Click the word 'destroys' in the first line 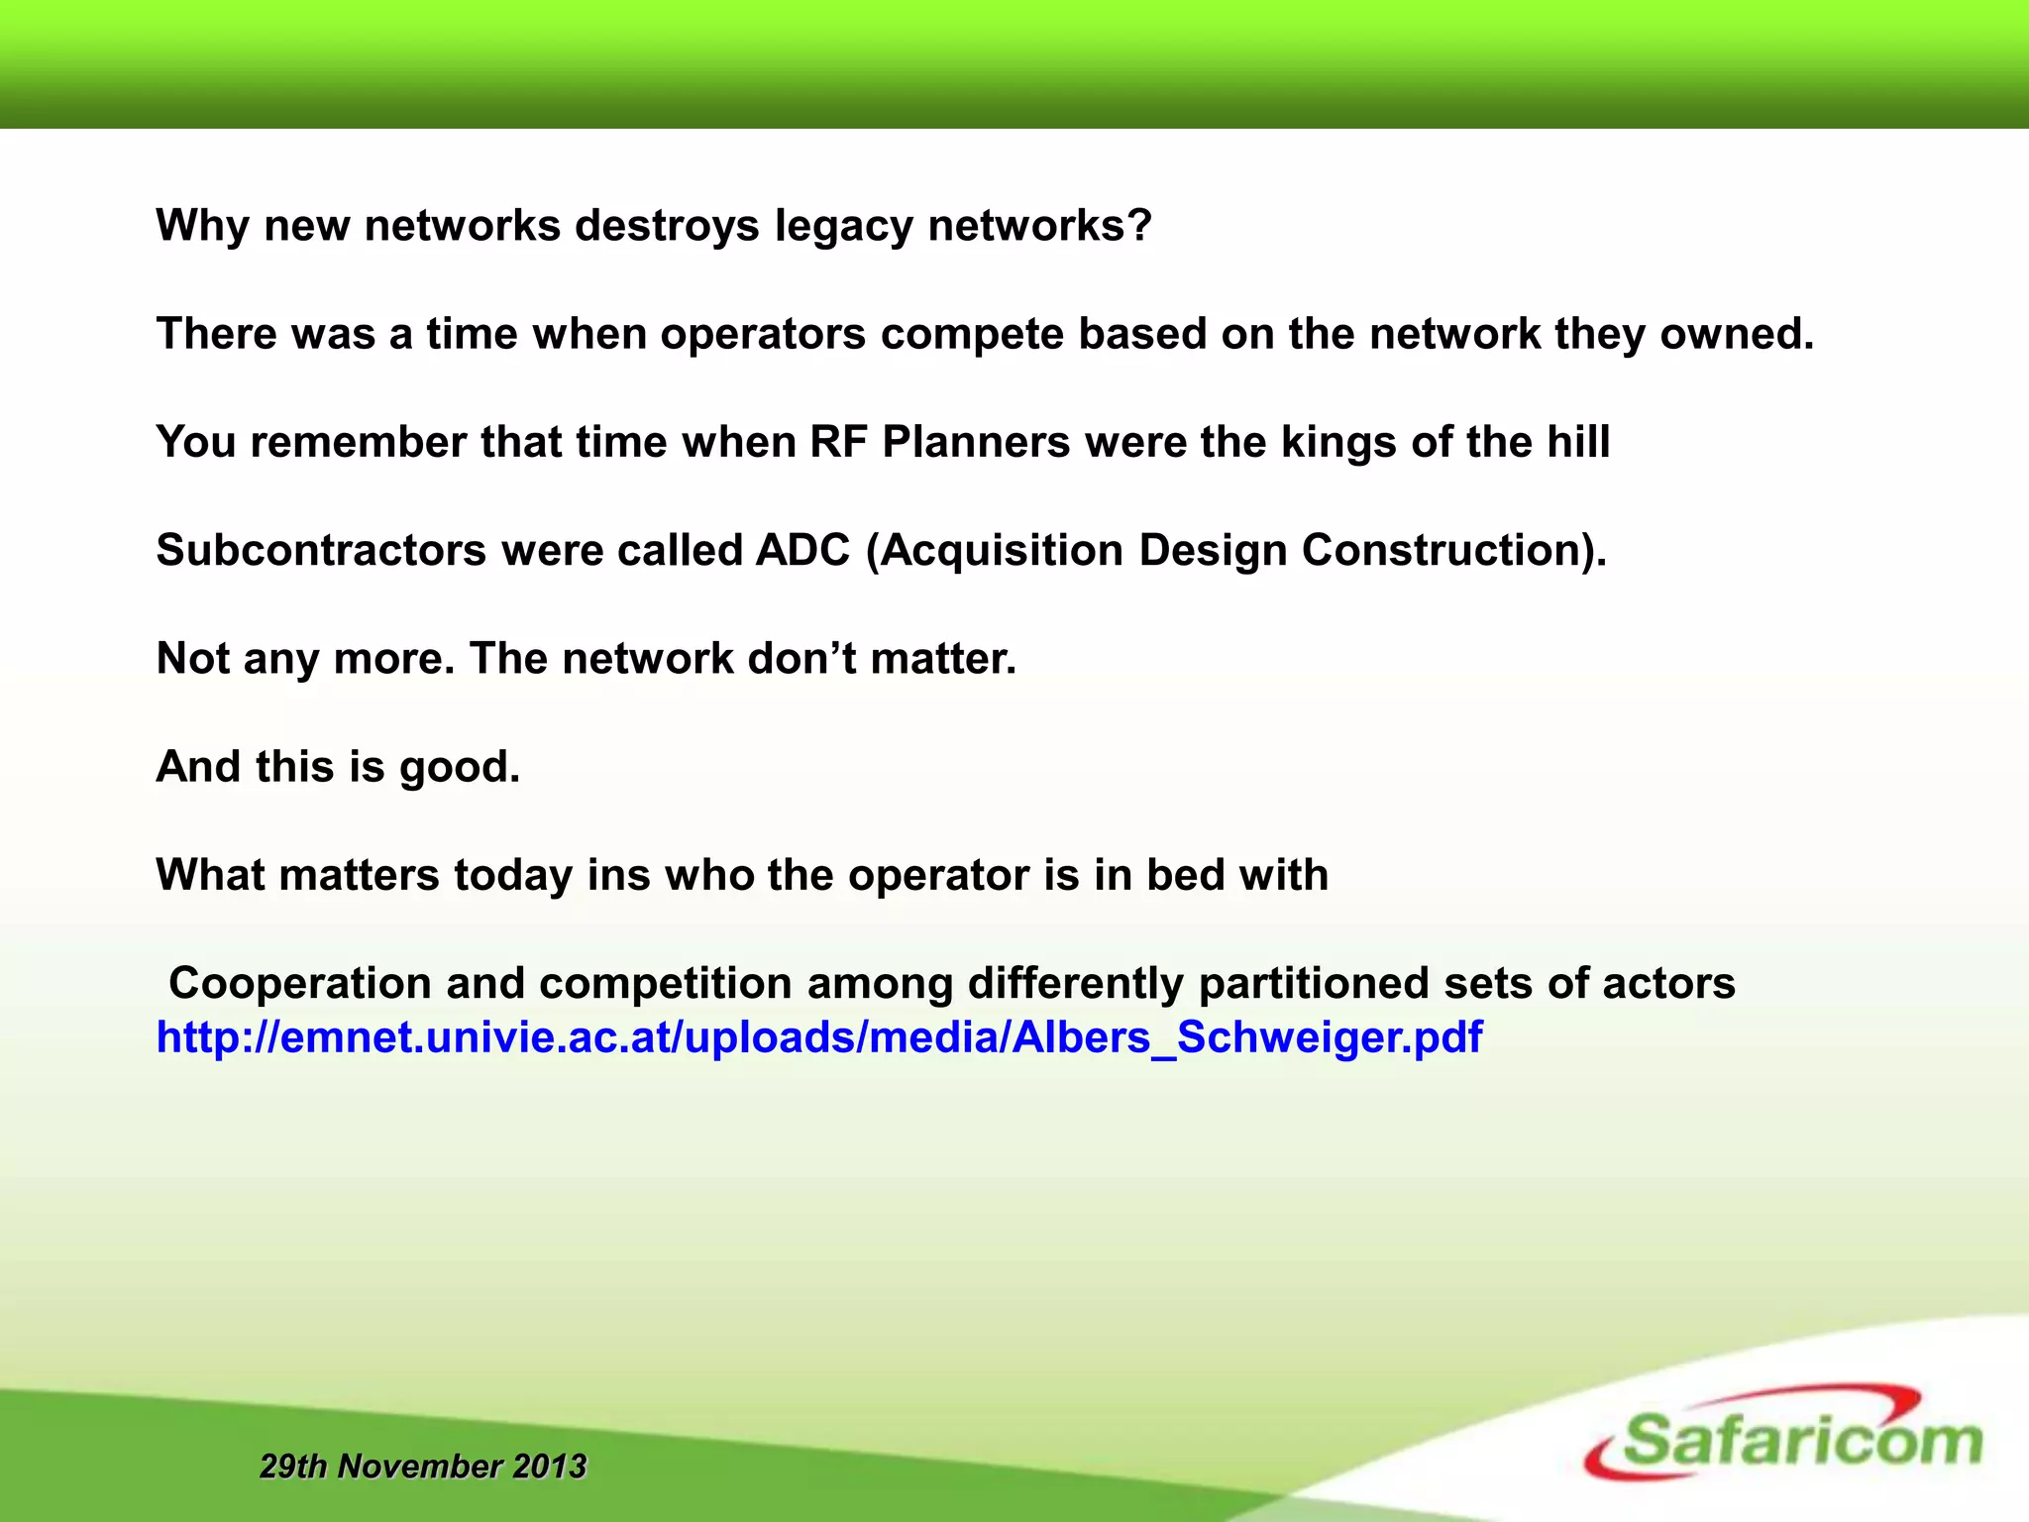click(x=667, y=226)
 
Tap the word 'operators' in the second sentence click(x=763, y=335)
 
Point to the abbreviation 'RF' click(x=838, y=442)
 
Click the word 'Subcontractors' click(x=321, y=550)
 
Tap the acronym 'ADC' click(x=802, y=550)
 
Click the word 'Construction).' click(x=1453, y=550)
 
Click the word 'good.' click(x=460, y=767)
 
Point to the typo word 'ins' click(x=618, y=875)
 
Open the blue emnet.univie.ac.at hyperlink click(x=819, y=1037)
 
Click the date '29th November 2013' click(x=423, y=1466)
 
